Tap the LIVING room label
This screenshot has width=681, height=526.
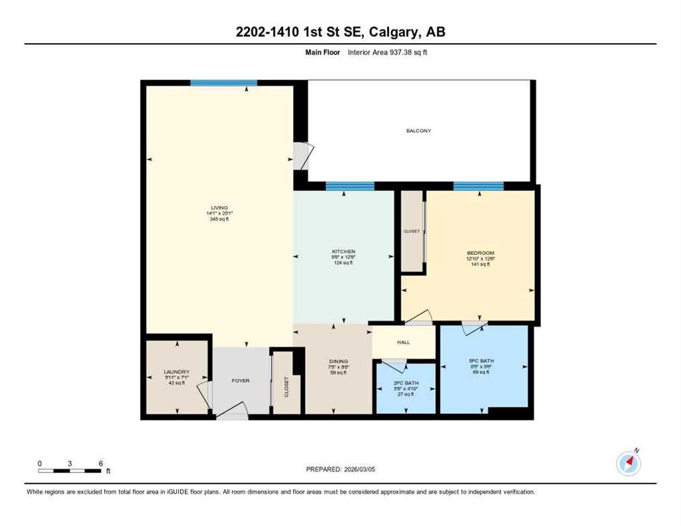[219, 208]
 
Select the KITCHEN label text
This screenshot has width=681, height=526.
[343, 251]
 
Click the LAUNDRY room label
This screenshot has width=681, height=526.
[177, 372]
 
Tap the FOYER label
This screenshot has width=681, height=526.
[240, 381]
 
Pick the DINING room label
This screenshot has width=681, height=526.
[338, 362]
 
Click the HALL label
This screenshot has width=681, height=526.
[403, 342]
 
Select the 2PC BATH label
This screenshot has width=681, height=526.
[405, 383]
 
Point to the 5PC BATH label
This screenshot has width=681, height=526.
[482, 361]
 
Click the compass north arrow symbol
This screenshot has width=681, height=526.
[628, 464]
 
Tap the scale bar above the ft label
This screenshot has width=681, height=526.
[70, 471]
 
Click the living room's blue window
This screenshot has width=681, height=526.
[223, 83]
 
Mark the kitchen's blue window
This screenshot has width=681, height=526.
[349, 186]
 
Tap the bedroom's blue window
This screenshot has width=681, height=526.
[478, 186]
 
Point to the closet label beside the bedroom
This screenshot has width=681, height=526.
[412, 231]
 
